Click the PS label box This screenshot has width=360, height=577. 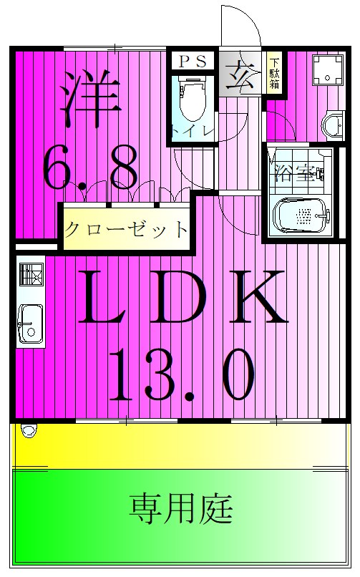(x=192, y=62)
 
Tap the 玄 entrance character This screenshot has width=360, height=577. (x=238, y=72)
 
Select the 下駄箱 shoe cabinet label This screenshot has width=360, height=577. (x=275, y=72)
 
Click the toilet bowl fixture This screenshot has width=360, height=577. (x=191, y=101)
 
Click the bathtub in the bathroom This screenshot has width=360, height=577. (x=301, y=214)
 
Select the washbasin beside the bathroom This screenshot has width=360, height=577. (x=333, y=125)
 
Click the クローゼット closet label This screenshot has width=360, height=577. (x=126, y=230)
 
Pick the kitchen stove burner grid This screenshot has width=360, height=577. (x=31, y=274)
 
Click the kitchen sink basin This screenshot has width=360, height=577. (x=30, y=324)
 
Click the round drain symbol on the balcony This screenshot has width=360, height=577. (x=29, y=430)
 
